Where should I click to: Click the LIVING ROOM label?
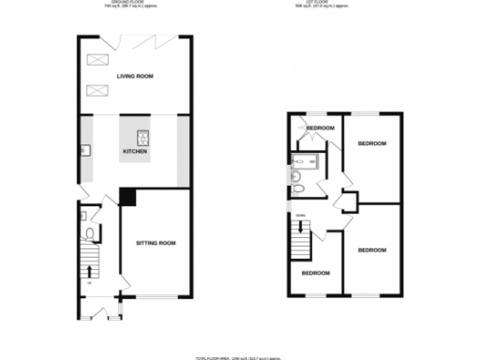135,76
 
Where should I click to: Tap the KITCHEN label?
134,151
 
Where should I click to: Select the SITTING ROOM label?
155,244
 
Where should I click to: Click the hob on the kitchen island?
143,133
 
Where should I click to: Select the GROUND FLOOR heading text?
135,4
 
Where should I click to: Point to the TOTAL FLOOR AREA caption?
240,357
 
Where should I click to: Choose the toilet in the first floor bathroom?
297,189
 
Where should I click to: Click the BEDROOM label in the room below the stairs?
315,273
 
